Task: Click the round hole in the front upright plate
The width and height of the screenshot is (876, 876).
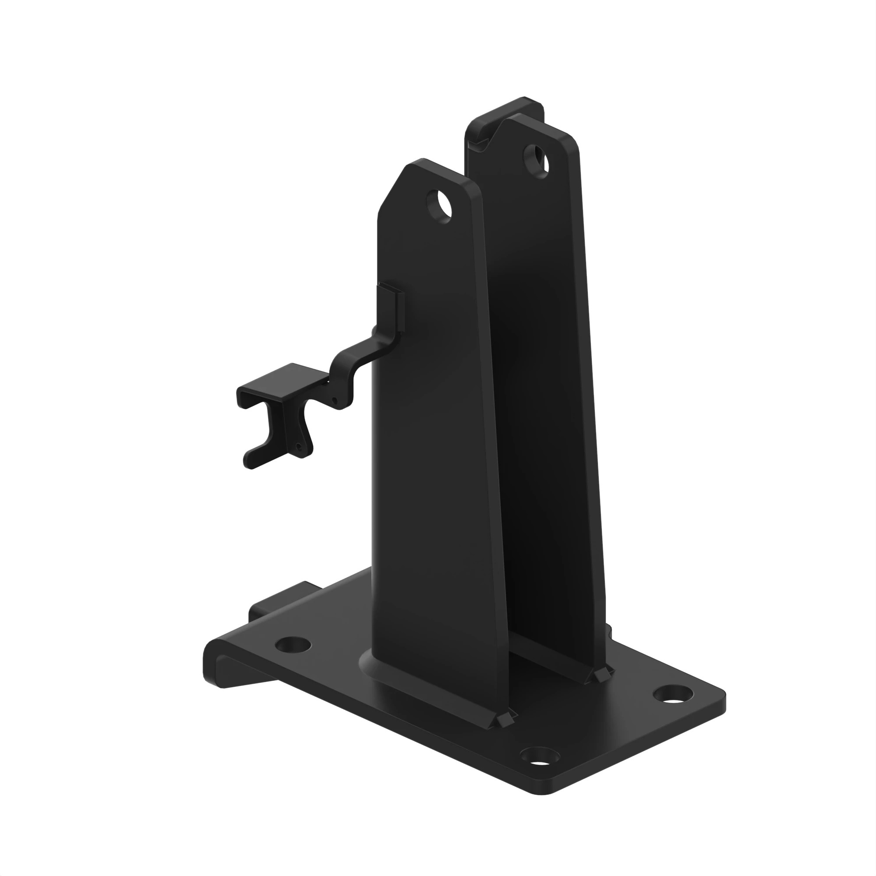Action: pos(439,206)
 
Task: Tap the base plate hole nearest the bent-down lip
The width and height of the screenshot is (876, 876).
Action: pos(294,644)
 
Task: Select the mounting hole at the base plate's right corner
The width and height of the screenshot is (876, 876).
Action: pos(673,695)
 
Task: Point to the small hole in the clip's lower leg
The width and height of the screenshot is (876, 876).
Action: pos(298,446)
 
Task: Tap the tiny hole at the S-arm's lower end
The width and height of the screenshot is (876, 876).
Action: pos(335,400)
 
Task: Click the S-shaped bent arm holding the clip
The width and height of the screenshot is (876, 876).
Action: pos(358,363)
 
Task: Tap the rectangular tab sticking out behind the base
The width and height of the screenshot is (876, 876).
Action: pos(281,598)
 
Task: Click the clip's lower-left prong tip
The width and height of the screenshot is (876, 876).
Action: pos(249,463)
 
